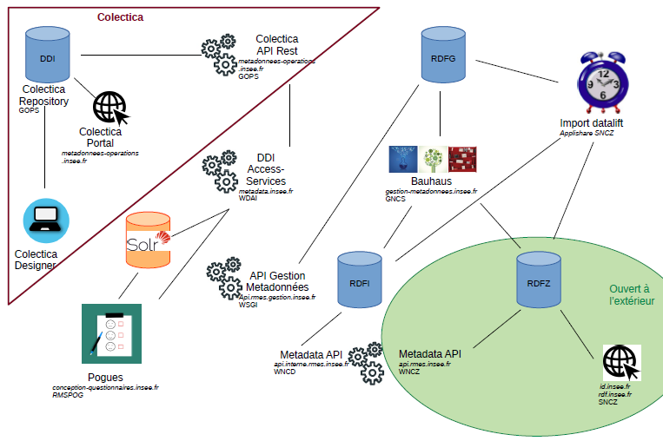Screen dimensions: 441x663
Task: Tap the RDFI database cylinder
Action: [359, 280]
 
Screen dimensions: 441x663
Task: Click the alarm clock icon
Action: [601, 83]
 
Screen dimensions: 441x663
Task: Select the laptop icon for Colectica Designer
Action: [43, 221]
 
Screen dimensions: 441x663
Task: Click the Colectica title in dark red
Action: [120, 16]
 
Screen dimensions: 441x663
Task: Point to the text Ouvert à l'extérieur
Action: [631, 294]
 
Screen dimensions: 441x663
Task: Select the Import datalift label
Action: [591, 123]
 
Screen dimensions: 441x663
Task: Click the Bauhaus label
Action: [431, 181]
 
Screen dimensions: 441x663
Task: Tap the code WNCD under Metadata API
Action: [285, 372]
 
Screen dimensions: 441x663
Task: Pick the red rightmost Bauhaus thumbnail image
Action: [463, 160]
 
